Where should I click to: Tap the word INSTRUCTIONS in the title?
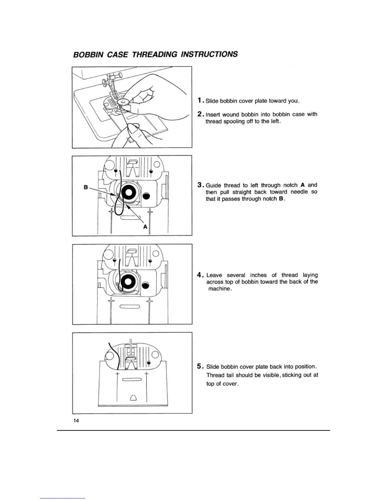[209, 54]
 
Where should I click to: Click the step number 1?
[200, 101]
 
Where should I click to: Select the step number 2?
[200, 114]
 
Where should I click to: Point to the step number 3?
[200, 185]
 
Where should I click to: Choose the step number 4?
[200, 275]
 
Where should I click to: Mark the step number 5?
[200, 366]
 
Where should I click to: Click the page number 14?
[76, 421]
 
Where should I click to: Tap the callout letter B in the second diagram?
[86, 187]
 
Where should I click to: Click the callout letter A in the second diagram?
[145, 227]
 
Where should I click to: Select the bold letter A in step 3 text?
[303, 185]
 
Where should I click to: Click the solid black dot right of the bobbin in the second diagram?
[146, 196]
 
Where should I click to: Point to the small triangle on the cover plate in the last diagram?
[133, 398]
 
